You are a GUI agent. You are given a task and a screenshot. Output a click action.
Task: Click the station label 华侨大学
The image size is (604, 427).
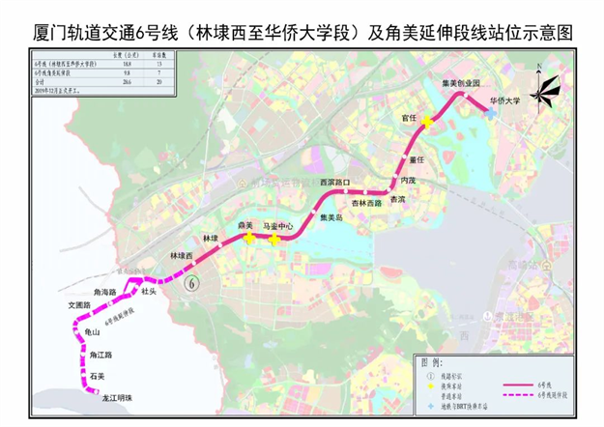point(503,100)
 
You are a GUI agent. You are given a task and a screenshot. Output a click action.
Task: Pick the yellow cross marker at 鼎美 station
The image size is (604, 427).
point(249,238)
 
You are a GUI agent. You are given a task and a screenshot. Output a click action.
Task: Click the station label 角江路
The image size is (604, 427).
point(89,355)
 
